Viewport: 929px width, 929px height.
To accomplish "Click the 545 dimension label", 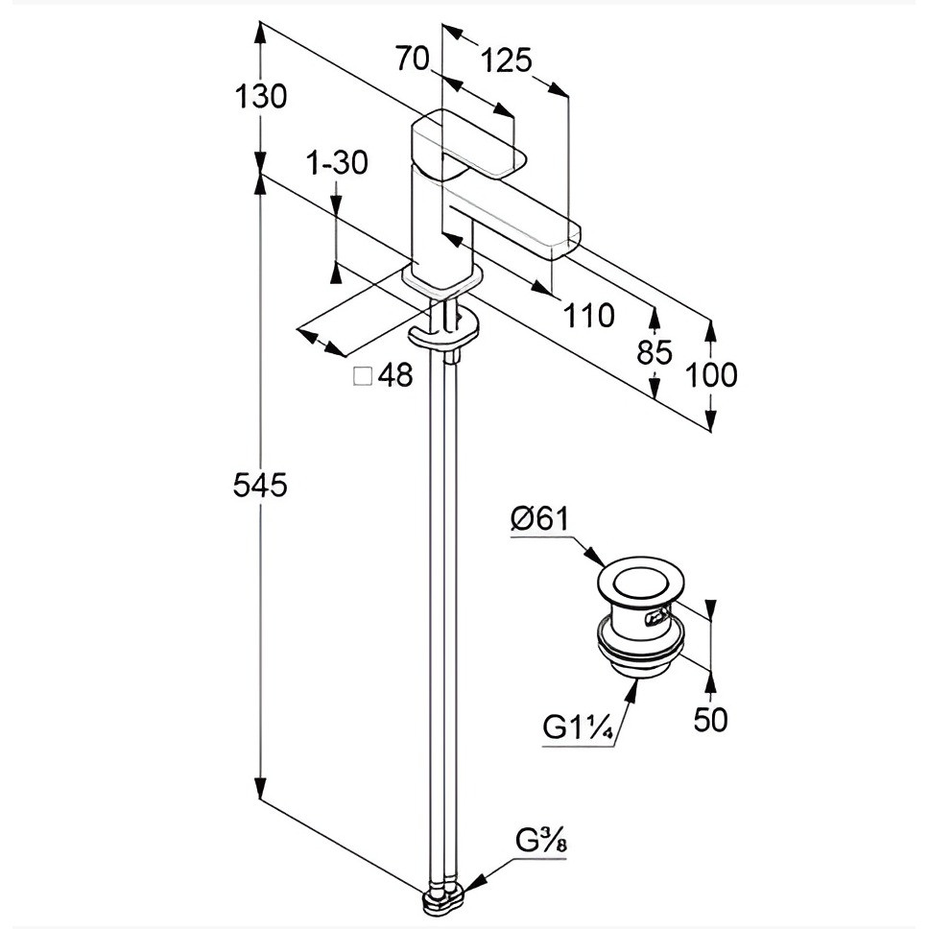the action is point(259,486).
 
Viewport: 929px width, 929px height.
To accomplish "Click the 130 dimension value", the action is point(261,96).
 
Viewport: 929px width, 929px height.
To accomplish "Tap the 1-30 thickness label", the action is point(337,162).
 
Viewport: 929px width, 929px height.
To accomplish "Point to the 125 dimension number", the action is point(506,60).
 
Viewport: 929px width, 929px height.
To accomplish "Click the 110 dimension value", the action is point(588,315).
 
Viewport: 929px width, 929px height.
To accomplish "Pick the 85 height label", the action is point(655,352).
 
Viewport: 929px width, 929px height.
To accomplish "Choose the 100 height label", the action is point(711,374).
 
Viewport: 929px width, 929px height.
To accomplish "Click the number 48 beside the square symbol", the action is point(395,375).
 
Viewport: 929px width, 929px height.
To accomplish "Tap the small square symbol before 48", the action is point(363,376).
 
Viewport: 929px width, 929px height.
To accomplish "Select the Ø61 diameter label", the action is point(539,519).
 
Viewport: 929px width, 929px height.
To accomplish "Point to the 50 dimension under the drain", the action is point(710,719).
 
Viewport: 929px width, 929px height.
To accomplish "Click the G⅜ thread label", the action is point(540,840).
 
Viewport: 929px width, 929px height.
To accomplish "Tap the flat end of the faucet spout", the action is point(567,241).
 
